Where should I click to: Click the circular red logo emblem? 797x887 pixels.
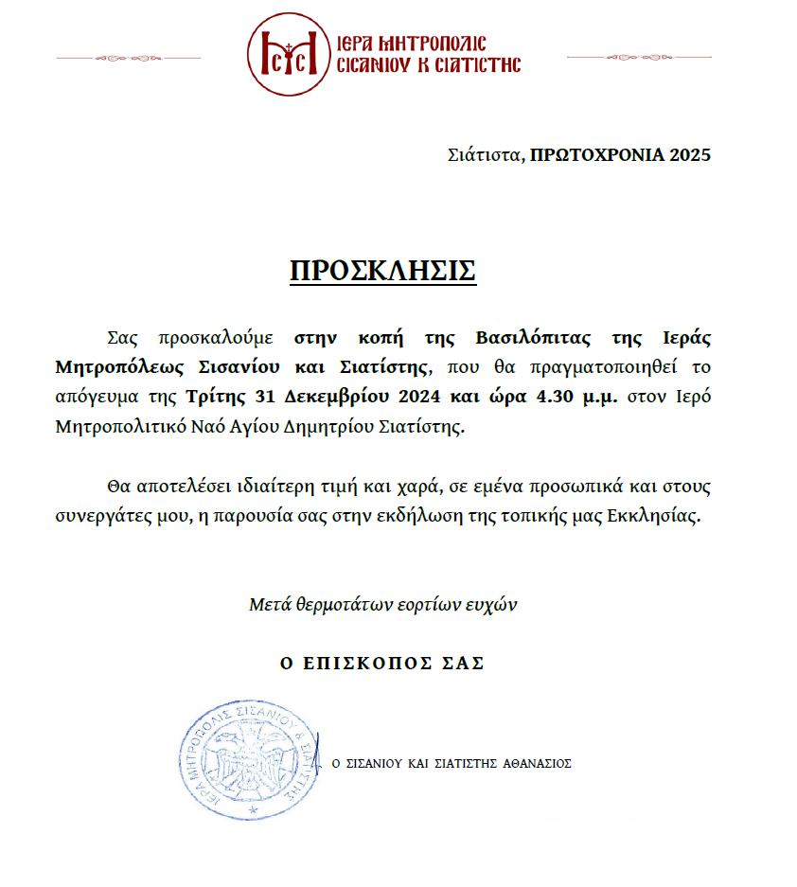point(289,54)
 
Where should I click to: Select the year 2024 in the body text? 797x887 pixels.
point(396,396)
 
